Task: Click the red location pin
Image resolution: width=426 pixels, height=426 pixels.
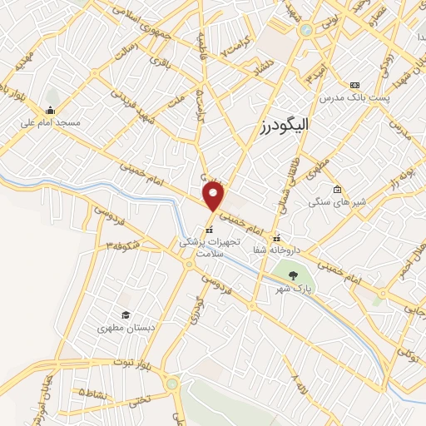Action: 215,196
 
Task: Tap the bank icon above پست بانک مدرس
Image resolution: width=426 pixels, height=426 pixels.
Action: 355,85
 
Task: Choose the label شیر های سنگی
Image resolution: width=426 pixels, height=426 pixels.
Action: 332,201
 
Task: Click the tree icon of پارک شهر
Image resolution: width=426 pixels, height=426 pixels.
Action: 290,275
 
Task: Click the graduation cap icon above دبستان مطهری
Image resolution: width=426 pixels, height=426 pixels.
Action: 125,315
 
